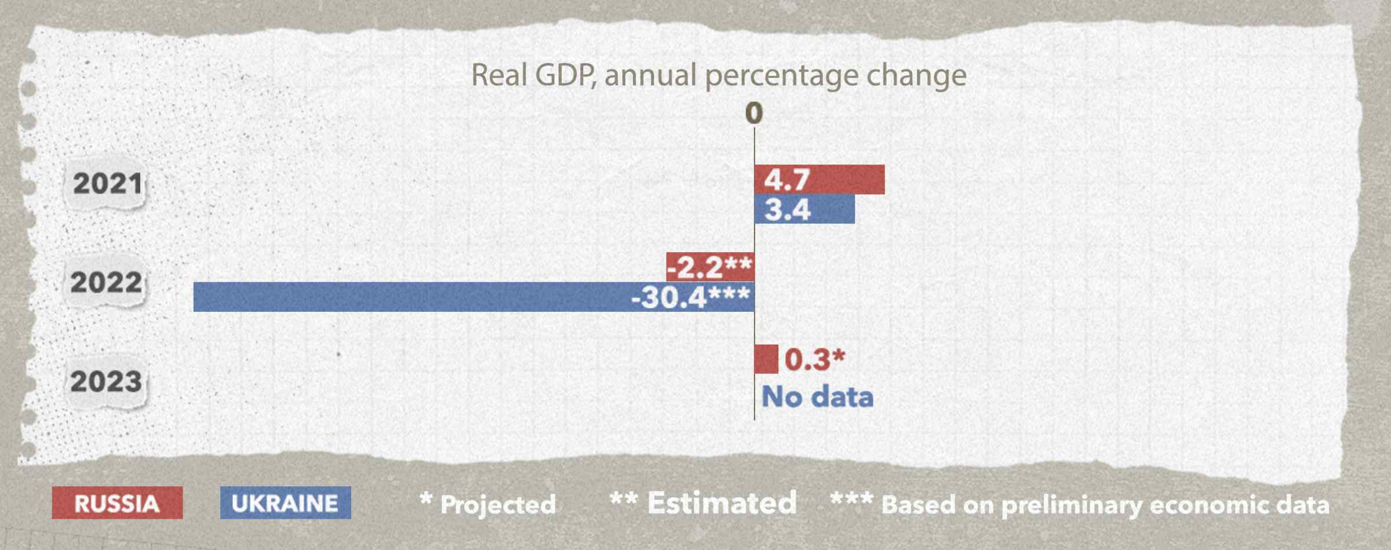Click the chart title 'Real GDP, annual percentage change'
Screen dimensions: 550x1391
click(719, 76)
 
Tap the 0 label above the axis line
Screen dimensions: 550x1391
click(753, 114)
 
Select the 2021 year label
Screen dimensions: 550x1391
click(107, 184)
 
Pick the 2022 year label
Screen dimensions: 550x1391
click(106, 283)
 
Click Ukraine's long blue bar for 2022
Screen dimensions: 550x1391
click(406, 297)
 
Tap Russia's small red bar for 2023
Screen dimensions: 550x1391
click(766, 359)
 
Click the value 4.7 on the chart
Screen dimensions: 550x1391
click(786, 180)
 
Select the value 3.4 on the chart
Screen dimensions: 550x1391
click(787, 209)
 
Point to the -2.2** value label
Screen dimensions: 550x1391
click(710, 267)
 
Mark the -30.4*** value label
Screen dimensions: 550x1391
click(690, 297)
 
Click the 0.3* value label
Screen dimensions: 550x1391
click(814, 359)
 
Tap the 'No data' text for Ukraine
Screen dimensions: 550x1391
click(817, 398)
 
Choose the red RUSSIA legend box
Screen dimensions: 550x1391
click(117, 502)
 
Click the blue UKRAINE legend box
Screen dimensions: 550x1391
click(285, 502)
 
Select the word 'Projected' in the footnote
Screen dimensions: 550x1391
click(498, 504)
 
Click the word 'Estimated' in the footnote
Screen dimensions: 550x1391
click(722, 502)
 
